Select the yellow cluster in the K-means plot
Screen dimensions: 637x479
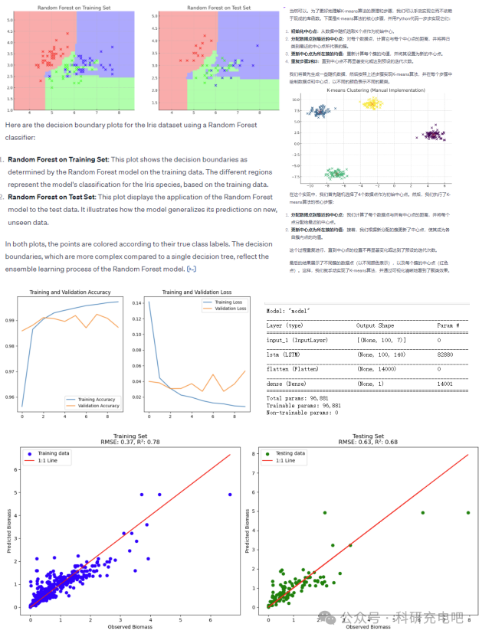coord(372,103)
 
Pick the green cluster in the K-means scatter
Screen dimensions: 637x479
coord(334,175)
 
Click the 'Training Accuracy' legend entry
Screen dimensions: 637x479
coord(97,398)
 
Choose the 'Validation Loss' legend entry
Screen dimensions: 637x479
coord(229,309)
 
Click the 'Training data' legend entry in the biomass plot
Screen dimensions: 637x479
coord(54,453)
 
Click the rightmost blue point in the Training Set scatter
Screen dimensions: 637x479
coord(230,495)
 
